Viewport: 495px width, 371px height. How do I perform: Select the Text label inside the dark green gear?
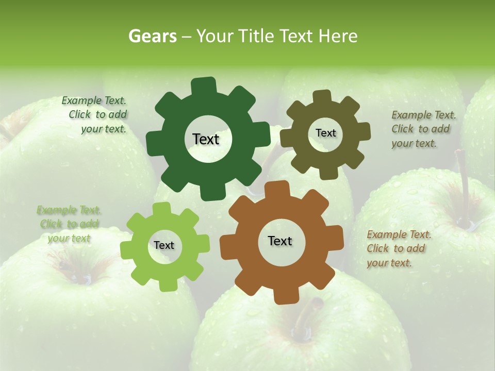coord(206,139)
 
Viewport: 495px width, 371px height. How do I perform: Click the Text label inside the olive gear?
coord(325,133)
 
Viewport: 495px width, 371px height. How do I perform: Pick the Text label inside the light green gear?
coord(164,245)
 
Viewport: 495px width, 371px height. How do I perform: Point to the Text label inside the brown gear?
coord(280,241)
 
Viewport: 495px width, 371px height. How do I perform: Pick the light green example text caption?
coord(69,224)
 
